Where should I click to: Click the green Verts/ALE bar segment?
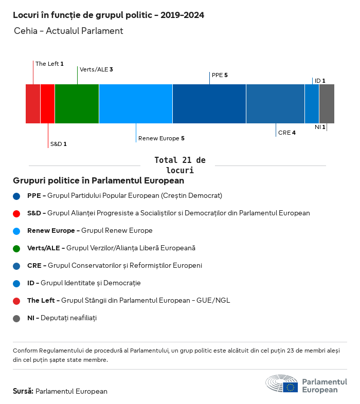coord(77,104)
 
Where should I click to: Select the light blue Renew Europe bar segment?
coord(136,104)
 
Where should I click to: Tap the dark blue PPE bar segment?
coord(209,104)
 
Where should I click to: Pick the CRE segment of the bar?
coord(275,104)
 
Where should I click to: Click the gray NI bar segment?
coord(327,104)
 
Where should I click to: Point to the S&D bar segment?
coord(47,104)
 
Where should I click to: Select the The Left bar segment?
coord(33,104)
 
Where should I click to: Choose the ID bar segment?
coord(312,104)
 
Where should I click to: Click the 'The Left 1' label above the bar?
coord(49,64)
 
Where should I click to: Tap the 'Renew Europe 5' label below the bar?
coord(161,138)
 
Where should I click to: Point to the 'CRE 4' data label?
coord(286,133)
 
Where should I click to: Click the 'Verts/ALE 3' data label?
coord(96,69)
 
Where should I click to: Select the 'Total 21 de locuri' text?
coord(179,165)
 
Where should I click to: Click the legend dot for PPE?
coord(17,196)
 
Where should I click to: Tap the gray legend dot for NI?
coord(17,318)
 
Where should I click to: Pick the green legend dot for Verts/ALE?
coord(17,248)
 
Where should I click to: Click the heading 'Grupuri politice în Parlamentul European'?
coord(98,181)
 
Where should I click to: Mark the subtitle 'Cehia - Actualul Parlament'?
coord(68,31)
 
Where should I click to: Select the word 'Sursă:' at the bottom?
coord(23,391)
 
